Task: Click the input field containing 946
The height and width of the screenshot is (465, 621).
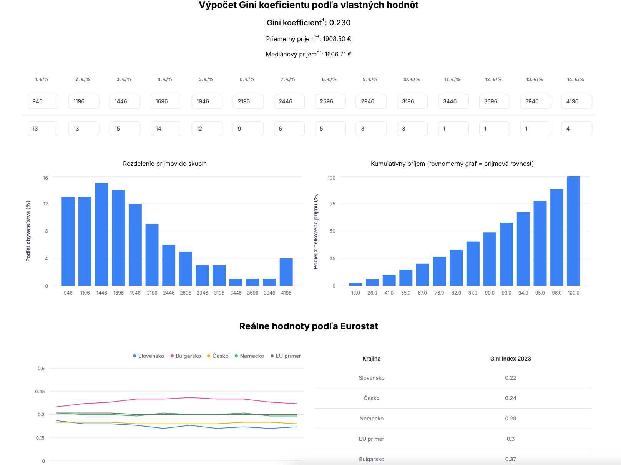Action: [43, 101]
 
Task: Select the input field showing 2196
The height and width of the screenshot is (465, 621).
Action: [248, 101]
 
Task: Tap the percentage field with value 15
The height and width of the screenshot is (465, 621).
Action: [125, 129]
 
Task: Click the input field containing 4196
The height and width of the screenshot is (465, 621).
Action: [576, 101]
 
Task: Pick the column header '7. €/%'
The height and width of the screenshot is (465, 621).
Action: [288, 79]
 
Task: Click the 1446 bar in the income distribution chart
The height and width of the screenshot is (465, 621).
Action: [102, 234]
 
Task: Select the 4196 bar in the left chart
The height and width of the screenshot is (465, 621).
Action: [286, 272]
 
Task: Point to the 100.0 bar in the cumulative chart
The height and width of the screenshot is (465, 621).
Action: [573, 231]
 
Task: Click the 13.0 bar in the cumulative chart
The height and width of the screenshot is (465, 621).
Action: [355, 284]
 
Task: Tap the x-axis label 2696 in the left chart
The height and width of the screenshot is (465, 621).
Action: [186, 293]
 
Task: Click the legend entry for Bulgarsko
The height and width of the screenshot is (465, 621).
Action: [188, 356]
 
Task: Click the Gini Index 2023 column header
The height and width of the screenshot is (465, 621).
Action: [510, 359]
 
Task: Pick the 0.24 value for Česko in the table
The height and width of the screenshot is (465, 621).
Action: [510, 398]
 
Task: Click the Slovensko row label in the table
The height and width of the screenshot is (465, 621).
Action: [371, 378]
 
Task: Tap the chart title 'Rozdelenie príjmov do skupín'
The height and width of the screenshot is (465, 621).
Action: [165, 164]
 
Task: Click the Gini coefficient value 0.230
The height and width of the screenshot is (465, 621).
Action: [340, 23]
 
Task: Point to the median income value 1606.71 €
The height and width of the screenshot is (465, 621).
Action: [338, 54]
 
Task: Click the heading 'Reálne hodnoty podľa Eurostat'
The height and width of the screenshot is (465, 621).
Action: [309, 326]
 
